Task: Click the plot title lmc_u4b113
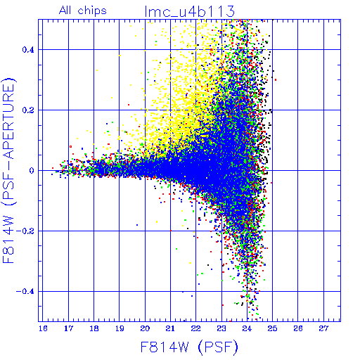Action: tap(189, 11)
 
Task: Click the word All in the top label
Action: tap(65, 11)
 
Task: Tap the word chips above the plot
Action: tap(92, 11)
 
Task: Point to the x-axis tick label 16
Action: tap(43, 328)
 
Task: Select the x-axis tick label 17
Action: tap(68, 328)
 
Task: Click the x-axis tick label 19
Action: tap(120, 328)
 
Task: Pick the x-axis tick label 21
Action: tap(170, 328)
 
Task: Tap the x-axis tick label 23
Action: tap(221, 328)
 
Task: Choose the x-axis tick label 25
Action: tap(272, 328)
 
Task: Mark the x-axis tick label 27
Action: tap(323, 328)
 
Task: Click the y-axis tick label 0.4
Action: tap(28, 50)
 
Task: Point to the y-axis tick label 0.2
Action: tap(28, 110)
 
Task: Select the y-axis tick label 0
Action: tap(32, 171)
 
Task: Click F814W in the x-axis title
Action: tap(165, 347)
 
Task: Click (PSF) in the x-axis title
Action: tap(218, 347)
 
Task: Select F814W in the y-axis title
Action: tap(8, 240)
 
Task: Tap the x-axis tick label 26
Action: tap(298, 328)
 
